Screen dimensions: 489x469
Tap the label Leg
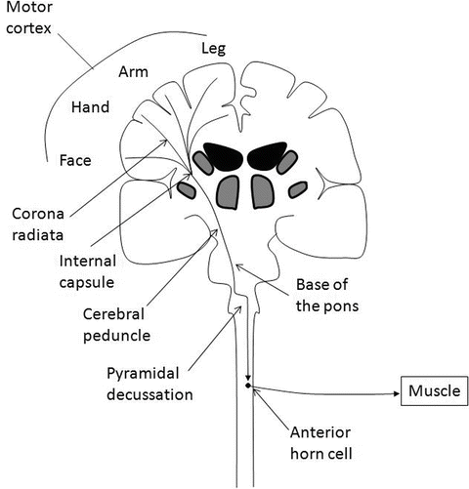pyautogui.click(x=214, y=48)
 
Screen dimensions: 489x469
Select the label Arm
pyautogui.click(x=133, y=72)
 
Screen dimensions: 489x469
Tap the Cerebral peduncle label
pyautogui.click(x=120, y=325)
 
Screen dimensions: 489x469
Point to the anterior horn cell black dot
pyautogui.click(x=248, y=387)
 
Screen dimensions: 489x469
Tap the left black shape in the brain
pyautogui.click(x=219, y=157)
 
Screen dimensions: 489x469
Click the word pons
pyautogui.click(x=347, y=304)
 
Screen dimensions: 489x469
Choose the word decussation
pyautogui.click(x=162, y=395)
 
